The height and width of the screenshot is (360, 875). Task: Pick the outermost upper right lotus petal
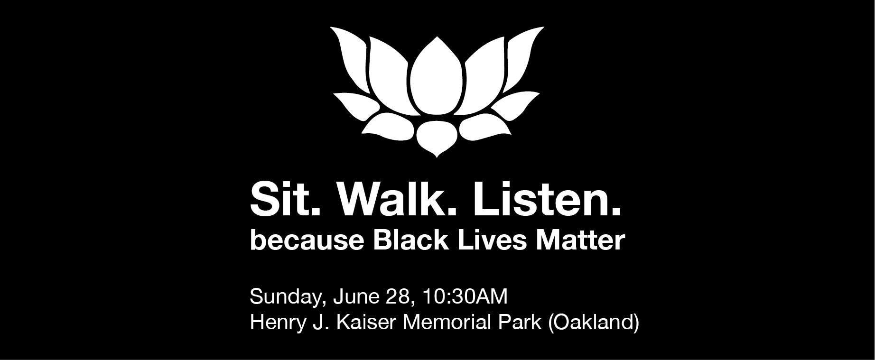click(x=521, y=57)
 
